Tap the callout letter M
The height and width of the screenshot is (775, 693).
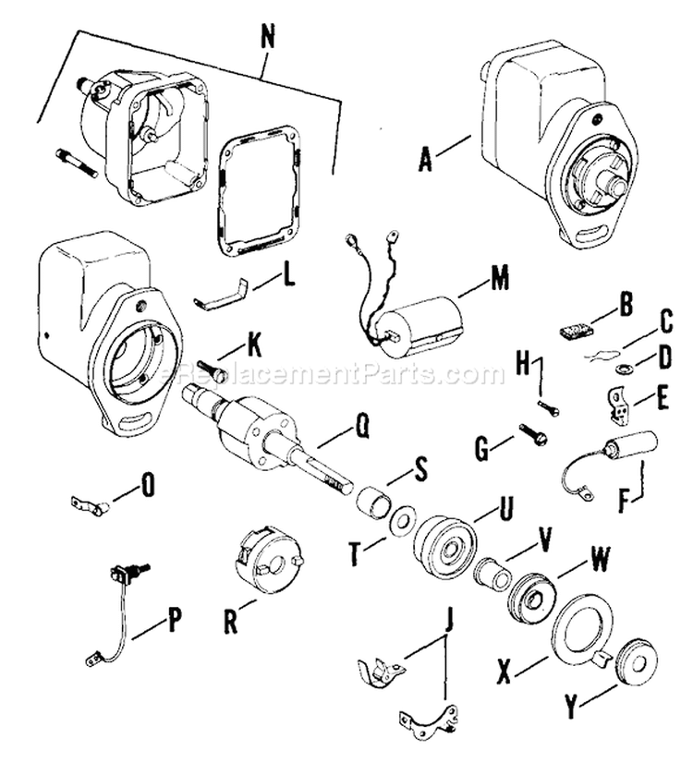point(500,278)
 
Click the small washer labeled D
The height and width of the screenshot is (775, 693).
point(623,369)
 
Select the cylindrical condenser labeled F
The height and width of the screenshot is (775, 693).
point(628,444)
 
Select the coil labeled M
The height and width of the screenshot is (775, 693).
point(422,326)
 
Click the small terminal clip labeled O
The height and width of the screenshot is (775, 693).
point(91,503)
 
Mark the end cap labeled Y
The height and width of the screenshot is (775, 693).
point(635,660)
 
